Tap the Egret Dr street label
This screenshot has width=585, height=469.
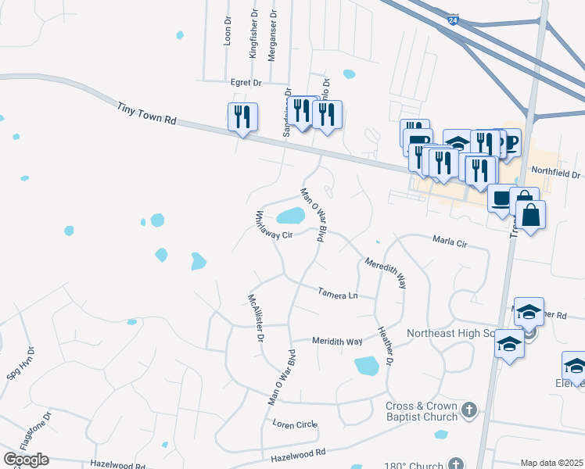tap(245, 82)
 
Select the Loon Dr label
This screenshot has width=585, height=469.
tap(228, 31)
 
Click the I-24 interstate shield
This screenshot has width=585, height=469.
tap(454, 19)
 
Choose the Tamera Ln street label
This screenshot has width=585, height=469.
tap(337, 294)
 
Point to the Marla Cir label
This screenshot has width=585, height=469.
tap(450, 243)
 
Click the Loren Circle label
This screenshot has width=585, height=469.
tap(295, 424)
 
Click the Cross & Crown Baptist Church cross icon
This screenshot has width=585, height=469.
tap(468, 410)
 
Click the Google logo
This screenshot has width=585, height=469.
tap(26, 460)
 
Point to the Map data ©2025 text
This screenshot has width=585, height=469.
tap(551, 463)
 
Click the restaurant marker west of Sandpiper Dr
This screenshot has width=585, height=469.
tap(242, 117)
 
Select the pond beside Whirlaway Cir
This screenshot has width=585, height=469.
tap(290, 216)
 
